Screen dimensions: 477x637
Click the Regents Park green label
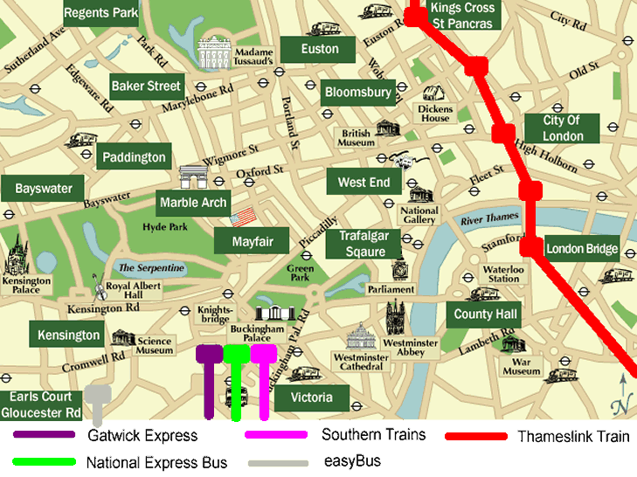point(101,13)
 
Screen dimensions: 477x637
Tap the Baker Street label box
point(146,86)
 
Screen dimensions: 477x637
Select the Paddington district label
point(134,157)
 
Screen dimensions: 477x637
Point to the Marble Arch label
point(193,203)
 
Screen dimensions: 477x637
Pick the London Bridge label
point(582,248)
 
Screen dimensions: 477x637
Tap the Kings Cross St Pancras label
point(463,15)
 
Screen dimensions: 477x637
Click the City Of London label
point(562,128)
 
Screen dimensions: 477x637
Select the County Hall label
point(486,315)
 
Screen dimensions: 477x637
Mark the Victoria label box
point(312,397)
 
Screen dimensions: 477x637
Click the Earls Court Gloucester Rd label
point(41,404)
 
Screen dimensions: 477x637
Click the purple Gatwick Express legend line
point(44,434)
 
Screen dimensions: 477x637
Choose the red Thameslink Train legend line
point(475,436)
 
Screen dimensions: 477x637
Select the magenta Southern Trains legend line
point(277,434)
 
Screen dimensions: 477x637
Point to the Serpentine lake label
point(151,267)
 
